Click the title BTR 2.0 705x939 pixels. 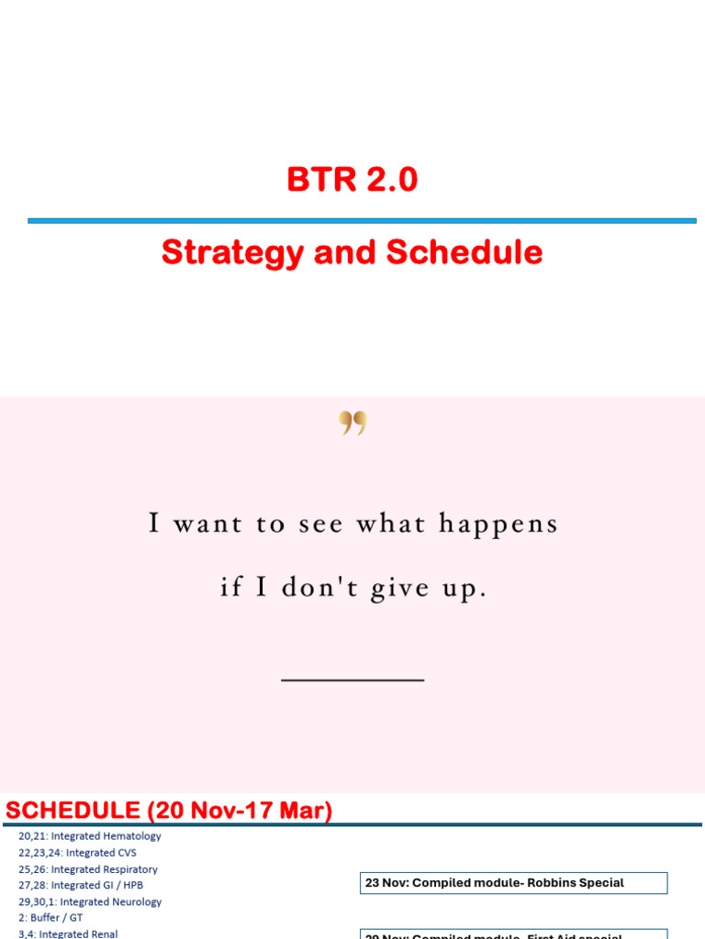pos(352,180)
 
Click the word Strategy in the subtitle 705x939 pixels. pos(231,253)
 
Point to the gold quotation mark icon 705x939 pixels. pos(352,423)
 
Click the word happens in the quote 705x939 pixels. pos(498,525)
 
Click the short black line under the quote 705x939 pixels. pos(352,679)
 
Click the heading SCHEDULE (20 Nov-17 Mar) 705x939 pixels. pos(170,811)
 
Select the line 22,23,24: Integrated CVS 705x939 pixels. pos(77,853)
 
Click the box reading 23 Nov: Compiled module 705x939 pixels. pos(512,883)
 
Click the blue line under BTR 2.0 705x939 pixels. pos(362,220)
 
